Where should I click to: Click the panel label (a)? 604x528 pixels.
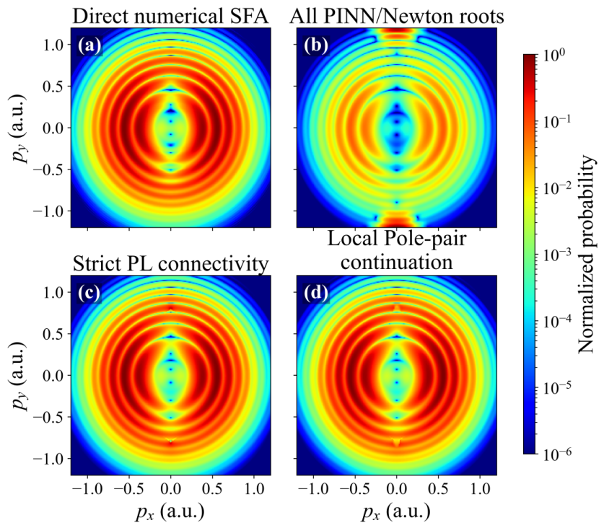pyautogui.click(x=89, y=45)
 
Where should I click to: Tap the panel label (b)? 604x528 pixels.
pyautogui.click(x=316, y=45)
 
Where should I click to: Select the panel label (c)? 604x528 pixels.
pyautogui.click(x=89, y=293)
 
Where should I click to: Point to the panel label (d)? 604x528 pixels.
pyautogui.click(x=316, y=293)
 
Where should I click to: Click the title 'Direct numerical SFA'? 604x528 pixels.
pyautogui.click(x=170, y=16)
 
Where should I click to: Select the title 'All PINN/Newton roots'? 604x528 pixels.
pyautogui.click(x=397, y=16)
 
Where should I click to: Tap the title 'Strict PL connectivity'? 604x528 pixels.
pyautogui.click(x=170, y=264)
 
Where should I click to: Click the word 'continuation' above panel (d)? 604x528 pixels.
pyautogui.click(x=397, y=262)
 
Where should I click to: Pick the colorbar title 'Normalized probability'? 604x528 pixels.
pyautogui.click(x=586, y=254)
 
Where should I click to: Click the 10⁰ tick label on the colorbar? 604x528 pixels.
pyautogui.click(x=554, y=56)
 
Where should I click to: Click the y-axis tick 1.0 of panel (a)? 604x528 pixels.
pyautogui.click(x=53, y=45)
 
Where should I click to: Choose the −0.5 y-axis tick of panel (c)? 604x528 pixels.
pyautogui.click(x=48, y=418)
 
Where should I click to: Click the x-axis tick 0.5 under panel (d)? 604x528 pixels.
pyautogui.click(x=438, y=489)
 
